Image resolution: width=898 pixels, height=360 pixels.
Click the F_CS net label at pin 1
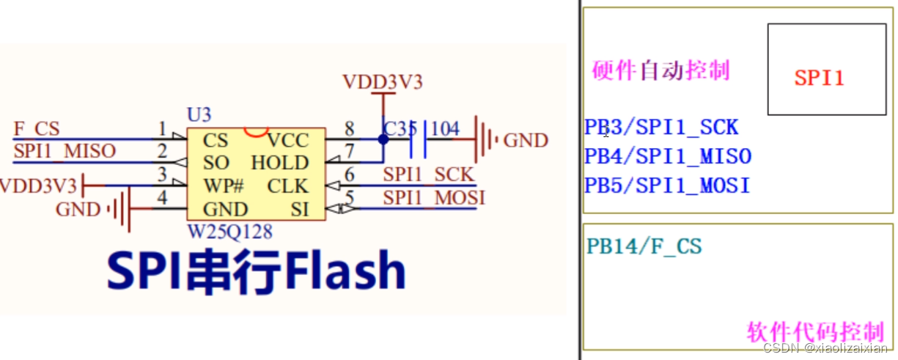click(37, 130)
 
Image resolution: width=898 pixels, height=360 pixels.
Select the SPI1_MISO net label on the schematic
click(65, 151)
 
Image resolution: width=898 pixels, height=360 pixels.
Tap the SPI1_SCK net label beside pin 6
click(428, 175)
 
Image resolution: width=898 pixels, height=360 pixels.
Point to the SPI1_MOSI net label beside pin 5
click(433, 197)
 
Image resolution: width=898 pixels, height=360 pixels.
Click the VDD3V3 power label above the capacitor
click(383, 82)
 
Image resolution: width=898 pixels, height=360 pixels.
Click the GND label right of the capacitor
click(526, 140)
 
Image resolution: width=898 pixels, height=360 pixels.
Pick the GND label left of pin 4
click(78, 210)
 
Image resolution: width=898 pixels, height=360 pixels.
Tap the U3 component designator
click(199, 115)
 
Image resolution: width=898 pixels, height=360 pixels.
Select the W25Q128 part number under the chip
click(230, 232)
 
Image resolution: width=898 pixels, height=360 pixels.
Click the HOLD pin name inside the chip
click(280, 163)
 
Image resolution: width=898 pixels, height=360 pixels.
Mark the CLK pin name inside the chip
click(288, 185)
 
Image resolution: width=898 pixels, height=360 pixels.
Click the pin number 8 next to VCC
click(349, 129)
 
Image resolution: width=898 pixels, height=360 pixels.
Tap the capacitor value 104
click(444, 129)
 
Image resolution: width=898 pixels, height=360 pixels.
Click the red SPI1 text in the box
click(819, 78)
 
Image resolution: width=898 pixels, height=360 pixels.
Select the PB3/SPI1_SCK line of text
click(661, 128)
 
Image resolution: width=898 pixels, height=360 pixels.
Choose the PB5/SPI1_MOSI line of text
click(667, 185)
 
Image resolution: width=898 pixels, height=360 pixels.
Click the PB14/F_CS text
click(644, 246)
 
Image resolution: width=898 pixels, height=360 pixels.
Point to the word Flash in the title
click(345, 272)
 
